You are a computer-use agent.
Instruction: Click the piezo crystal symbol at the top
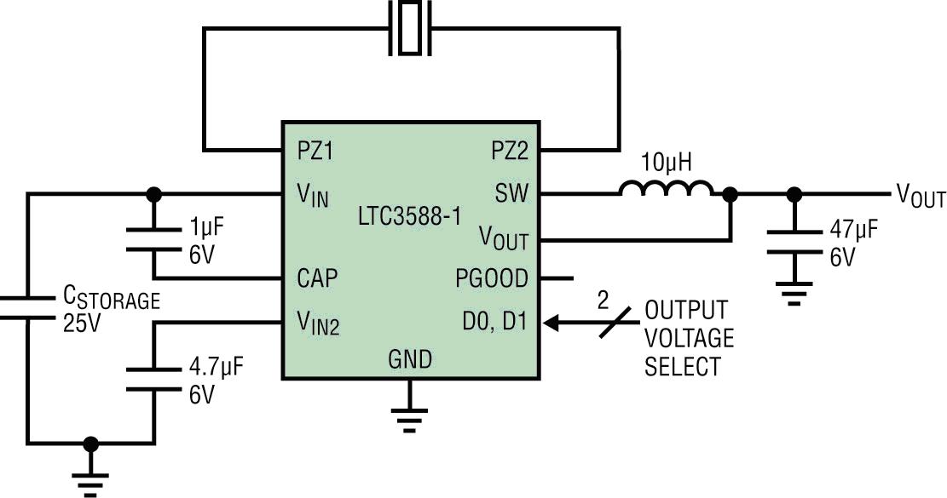[x=411, y=28]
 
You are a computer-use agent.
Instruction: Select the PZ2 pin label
[x=510, y=151]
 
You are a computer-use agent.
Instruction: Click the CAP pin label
[x=317, y=278]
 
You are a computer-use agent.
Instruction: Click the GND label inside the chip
[x=410, y=359]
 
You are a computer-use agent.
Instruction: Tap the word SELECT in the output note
[x=682, y=368]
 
